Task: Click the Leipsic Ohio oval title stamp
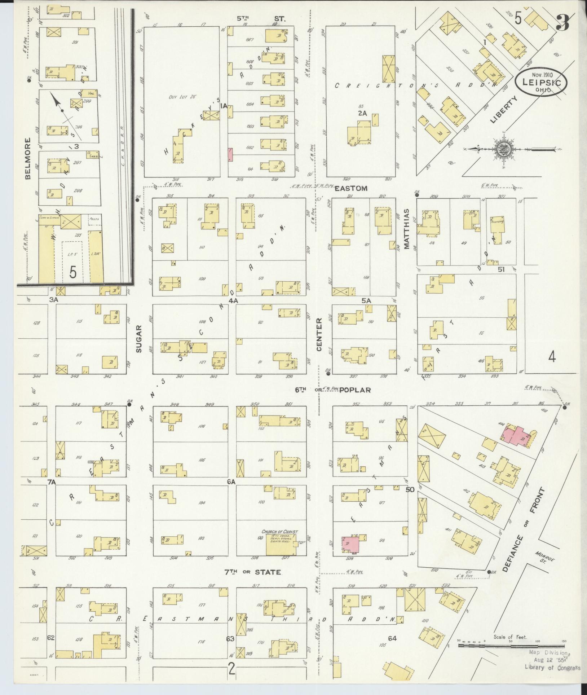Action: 540,83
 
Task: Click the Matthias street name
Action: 406,229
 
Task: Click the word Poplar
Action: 355,390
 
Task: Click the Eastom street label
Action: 351,188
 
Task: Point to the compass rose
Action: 503,148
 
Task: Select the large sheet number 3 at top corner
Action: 562,23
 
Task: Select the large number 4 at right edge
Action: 552,357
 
